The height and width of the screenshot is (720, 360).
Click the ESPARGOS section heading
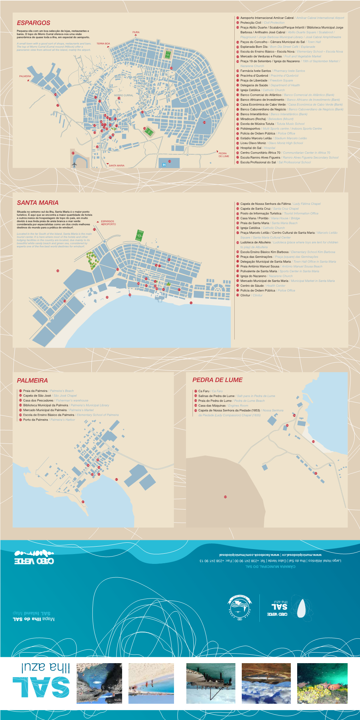[34, 23]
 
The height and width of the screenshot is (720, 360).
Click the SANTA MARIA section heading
[38, 203]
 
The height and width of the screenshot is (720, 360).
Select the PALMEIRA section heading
[32, 381]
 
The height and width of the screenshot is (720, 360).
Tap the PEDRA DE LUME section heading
[217, 380]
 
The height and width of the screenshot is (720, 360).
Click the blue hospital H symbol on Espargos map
[164, 165]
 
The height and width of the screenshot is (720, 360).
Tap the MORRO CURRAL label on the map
[124, 95]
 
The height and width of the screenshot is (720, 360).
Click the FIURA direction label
[136, 32]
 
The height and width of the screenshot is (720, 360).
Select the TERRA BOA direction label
[103, 44]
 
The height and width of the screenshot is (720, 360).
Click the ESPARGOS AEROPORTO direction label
[108, 223]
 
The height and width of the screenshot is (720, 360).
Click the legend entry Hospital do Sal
[251, 148]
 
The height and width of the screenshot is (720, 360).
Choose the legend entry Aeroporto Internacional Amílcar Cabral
[267, 18]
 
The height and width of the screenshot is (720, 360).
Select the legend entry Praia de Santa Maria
[254, 223]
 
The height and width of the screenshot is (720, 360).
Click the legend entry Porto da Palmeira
[35, 420]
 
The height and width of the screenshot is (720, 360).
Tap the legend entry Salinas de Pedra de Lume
[216, 396]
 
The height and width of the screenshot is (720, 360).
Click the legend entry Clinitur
[245, 295]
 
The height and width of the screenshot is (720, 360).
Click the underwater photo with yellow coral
[322, 683]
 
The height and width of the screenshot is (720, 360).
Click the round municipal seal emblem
[240, 607]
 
